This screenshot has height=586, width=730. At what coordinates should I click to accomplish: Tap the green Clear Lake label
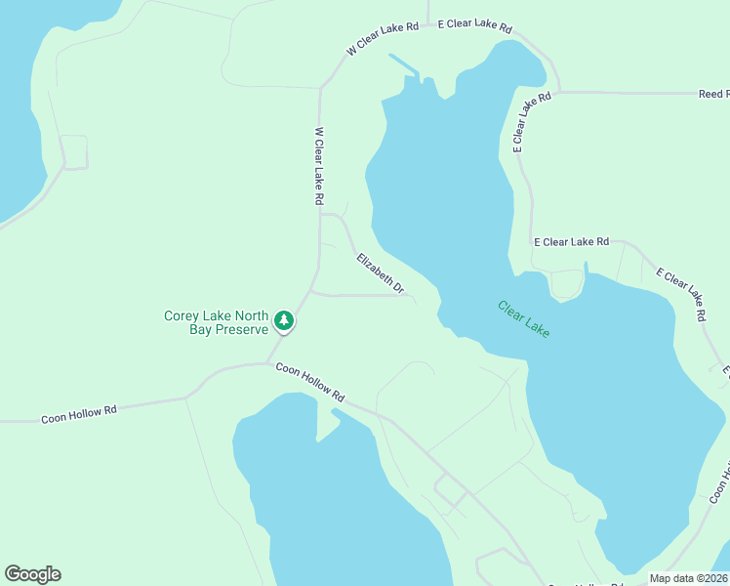(x=524, y=318)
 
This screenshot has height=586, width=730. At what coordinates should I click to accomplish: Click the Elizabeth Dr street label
(x=381, y=273)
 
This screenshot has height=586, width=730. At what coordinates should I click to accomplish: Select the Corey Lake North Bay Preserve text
(x=216, y=322)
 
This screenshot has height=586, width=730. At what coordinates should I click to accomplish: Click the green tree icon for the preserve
(x=283, y=320)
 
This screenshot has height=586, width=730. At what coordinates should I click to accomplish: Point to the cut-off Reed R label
(x=713, y=94)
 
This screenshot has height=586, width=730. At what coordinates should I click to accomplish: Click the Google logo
(x=32, y=574)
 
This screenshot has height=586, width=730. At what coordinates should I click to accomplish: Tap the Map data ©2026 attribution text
(x=688, y=578)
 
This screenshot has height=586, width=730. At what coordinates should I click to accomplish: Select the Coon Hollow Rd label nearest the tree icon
(x=310, y=383)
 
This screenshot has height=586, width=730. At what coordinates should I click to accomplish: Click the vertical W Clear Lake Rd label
(x=319, y=165)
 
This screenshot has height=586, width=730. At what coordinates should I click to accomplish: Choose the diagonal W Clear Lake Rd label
(x=382, y=38)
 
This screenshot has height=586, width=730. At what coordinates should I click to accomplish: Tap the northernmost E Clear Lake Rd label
(x=474, y=25)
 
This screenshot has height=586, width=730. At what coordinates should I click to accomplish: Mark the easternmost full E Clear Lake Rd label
(x=680, y=295)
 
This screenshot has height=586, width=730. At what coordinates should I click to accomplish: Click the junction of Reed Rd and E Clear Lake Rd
(x=559, y=92)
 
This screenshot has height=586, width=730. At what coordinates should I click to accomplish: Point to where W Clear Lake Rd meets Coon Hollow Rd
(x=269, y=363)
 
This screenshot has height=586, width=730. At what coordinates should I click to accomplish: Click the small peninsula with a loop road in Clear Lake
(x=566, y=285)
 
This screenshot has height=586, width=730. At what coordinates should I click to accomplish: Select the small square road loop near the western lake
(x=74, y=151)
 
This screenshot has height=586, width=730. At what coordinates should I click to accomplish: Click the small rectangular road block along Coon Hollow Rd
(x=451, y=492)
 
